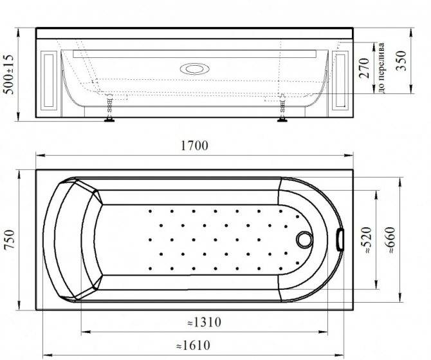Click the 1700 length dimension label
coord(194,146)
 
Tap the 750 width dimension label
coord(10,240)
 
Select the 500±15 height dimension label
coord(8,74)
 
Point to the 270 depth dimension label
coord(364,68)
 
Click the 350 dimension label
coord(401,61)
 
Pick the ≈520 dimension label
coord(367,240)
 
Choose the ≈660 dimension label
coord(390,240)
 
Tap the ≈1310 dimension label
coord(204,322)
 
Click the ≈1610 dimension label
coord(193,345)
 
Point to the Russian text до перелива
coord(381,68)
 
